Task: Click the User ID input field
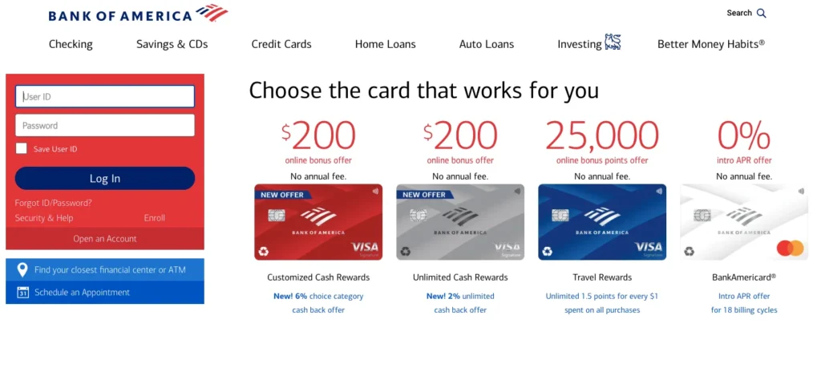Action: pyautogui.click(x=105, y=96)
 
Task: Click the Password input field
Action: pyautogui.click(x=105, y=125)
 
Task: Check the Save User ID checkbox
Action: pyautogui.click(x=22, y=148)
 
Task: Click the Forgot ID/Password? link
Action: pyautogui.click(x=53, y=203)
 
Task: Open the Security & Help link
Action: pyautogui.click(x=43, y=218)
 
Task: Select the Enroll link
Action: pyautogui.click(x=155, y=218)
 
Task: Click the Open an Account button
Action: pyautogui.click(x=105, y=239)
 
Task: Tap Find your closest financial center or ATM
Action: pyautogui.click(x=110, y=270)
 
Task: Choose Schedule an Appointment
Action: pyautogui.click(x=82, y=293)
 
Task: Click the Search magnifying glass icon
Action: pyautogui.click(x=762, y=13)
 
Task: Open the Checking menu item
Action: pyautogui.click(x=71, y=44)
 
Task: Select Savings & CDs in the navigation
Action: pyautogui.click(x=172, y=44)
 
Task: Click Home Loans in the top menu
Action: pyautogui.click(x=386, y=44)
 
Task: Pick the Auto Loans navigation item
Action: pyautogui.click(x=487, y=44)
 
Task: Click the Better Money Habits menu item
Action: pyautogui.click(x=710, y=44)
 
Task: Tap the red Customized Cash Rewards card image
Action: pyautogui.click(x=318, y=222)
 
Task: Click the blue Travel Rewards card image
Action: pyautogui.click(x=602, y=222)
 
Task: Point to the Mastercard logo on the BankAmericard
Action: pyautogui.click(x=790, y=248)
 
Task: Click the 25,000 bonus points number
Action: pyautogui.click(x=602, y=136)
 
